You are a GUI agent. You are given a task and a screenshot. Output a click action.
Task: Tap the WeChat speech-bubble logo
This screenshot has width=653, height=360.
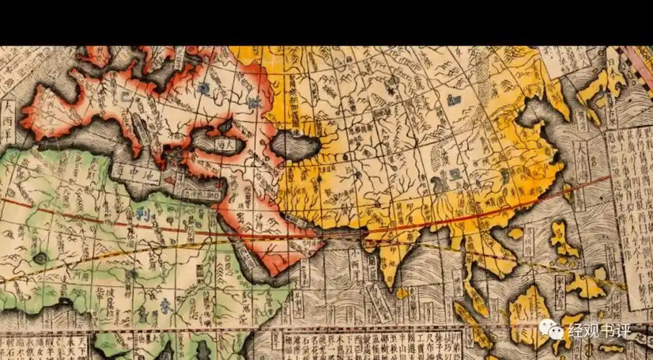[552, 330]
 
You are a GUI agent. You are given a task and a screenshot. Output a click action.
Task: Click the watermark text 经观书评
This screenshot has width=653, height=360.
[600, 331]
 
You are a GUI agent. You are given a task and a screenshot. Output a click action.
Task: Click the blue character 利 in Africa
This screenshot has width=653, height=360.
[140, 214]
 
